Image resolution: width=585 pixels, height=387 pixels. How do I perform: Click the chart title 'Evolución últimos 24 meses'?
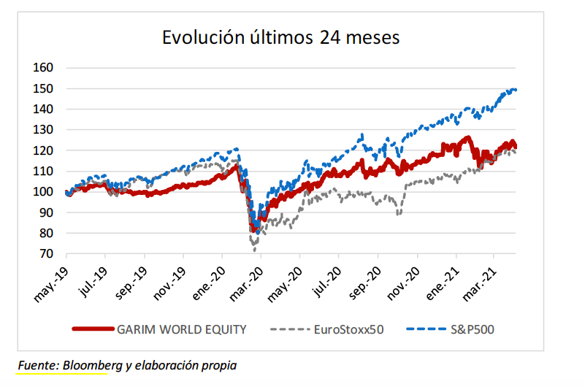280,37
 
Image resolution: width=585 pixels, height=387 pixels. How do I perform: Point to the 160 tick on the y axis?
43,67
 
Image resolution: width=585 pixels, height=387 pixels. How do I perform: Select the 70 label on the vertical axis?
46,253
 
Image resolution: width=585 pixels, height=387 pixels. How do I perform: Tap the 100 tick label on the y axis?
43,191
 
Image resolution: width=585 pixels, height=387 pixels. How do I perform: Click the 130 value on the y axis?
43,130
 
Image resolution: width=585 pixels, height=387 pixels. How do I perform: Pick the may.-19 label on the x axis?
51,285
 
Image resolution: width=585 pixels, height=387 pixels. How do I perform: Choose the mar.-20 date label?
246,285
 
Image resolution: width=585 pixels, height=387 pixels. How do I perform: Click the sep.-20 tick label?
364,283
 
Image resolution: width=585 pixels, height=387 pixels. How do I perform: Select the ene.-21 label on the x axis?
443,283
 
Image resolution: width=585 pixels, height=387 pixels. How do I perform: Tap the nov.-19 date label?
169,284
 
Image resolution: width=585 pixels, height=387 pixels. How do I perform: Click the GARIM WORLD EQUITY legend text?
182,329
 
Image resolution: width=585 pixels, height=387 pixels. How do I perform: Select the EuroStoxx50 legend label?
349,329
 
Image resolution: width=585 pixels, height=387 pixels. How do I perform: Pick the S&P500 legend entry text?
473,329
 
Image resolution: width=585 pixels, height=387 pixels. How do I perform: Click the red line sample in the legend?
93,329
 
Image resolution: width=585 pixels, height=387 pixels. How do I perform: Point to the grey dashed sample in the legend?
290,329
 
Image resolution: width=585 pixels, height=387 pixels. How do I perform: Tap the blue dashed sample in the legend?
427,329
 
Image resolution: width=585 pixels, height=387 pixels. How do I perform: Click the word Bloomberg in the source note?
93,365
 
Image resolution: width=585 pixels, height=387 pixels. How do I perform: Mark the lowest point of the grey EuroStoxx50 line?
255,250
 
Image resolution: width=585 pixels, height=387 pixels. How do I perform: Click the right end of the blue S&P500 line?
516,90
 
